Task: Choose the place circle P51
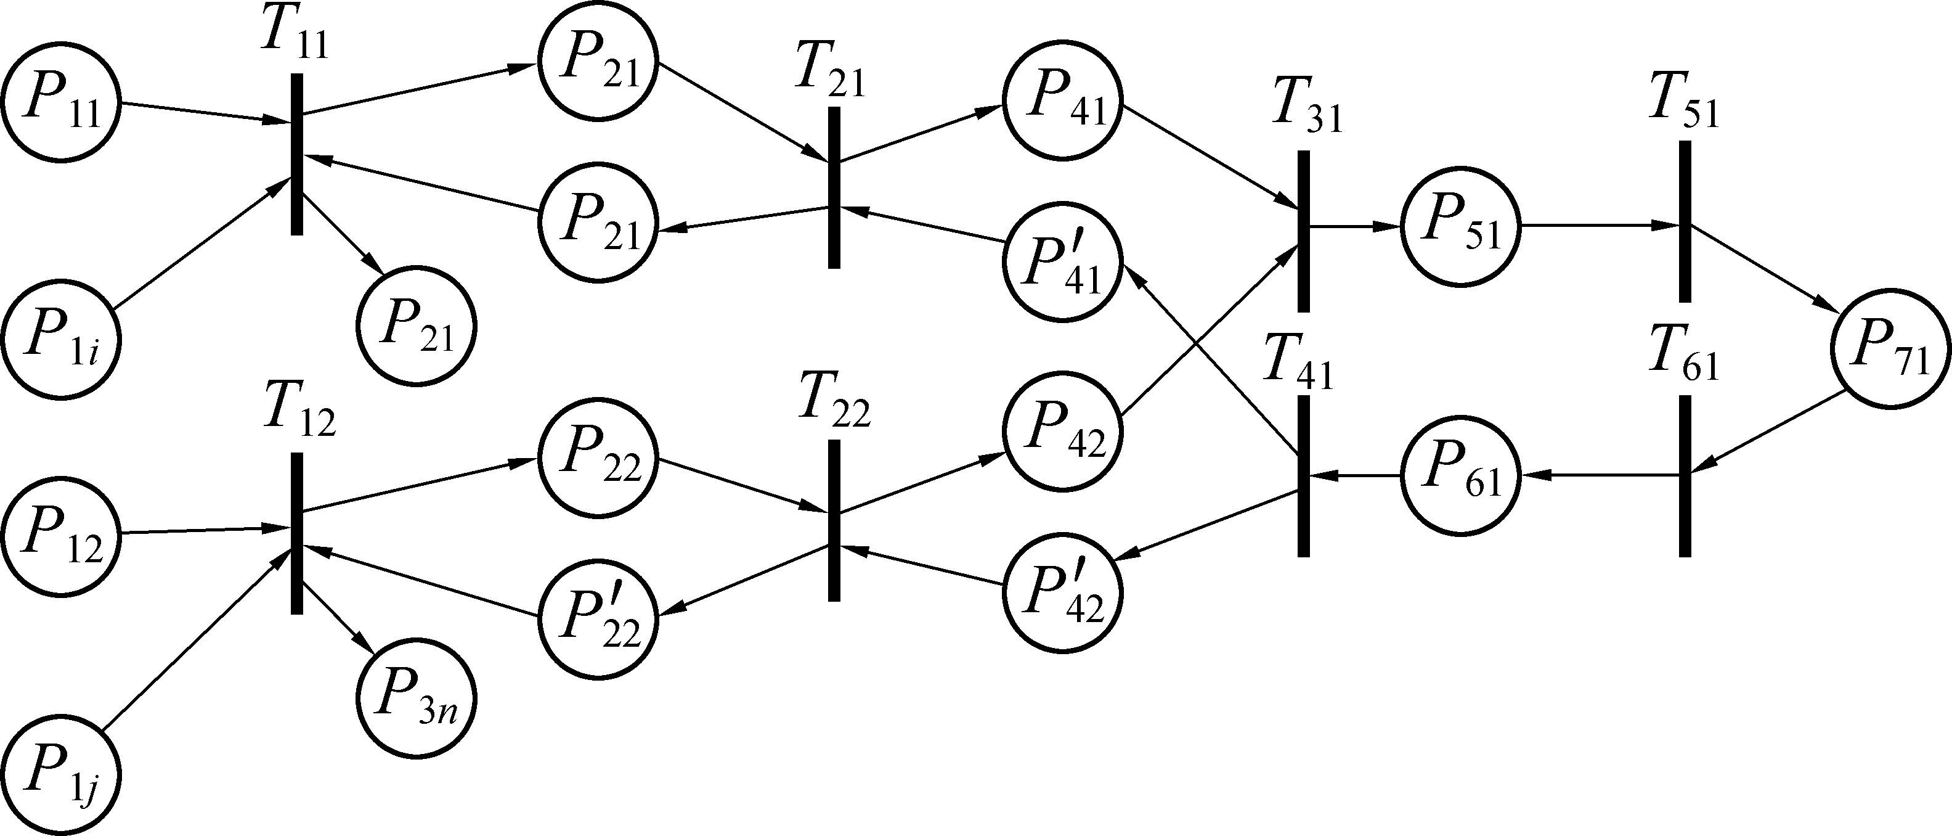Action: [1461, 226]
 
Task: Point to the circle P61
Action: [1461, 475]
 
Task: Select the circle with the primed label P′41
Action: [1062, 262]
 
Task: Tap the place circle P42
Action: [1062, 432]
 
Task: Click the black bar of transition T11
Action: [297, 154]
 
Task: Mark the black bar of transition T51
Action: [1685, 221]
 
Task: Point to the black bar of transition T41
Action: [1303, 476]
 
